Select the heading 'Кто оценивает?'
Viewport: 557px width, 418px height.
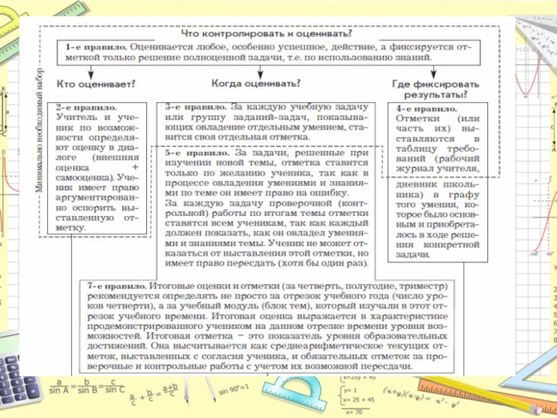pos(95,84)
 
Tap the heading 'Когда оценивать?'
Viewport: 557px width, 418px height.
pos(256,83)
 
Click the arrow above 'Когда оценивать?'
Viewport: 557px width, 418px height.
pos(256,70)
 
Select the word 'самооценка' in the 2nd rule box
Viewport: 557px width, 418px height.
pos(79,177)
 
